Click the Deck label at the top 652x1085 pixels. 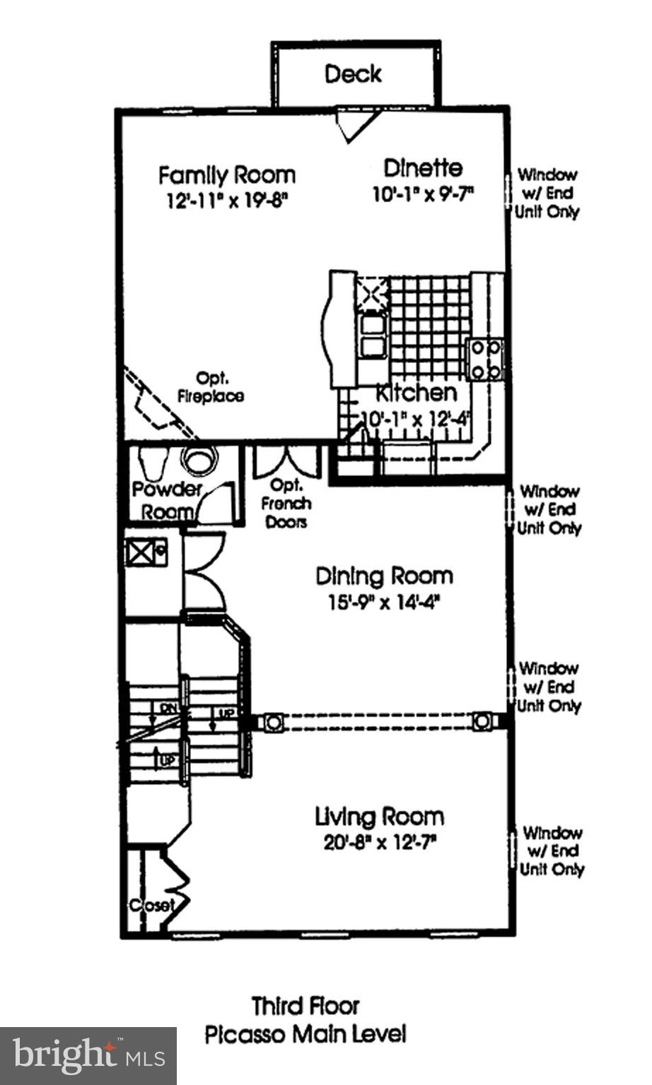[x=353, y=73]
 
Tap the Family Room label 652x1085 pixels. [x=226, y=174]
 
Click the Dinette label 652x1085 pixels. [x=423, y=168]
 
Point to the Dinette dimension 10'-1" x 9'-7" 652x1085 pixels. [x=423, y=194]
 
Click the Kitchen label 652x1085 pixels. [x=416, y=393]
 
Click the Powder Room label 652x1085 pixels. [x=165, y=500]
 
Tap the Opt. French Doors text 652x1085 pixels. [x=286, y=504]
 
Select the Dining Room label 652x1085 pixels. [x=383, y=576]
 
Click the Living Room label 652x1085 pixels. [x=379, y=817]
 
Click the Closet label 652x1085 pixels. [x=151, y=906]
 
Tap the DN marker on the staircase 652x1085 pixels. [x=168, y=707]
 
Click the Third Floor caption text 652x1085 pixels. [x=305, y=1005]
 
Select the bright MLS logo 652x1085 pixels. [x=88, y=1055]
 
